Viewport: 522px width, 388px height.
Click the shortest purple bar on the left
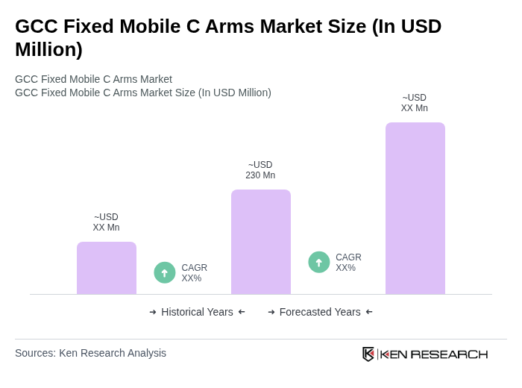click(107, 268)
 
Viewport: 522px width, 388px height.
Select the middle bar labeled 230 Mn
click(261, 242)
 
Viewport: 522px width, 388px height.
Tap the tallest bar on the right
click(415, 208)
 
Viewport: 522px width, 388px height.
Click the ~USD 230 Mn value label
click(260, 170)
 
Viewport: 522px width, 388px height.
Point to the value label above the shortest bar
click(106, 222)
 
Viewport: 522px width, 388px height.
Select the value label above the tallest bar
click(415, 103)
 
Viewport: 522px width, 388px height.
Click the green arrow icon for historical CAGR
click(165, 272)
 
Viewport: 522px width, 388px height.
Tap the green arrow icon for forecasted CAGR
click(319, 262)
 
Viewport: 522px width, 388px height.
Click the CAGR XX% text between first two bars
click(194, 273)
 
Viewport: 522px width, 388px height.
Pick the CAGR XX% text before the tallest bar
click(348, 263)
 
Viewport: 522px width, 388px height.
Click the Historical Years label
click(197, 312)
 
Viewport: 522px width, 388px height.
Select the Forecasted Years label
click(320, 312)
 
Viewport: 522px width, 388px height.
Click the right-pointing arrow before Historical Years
click(153, 312)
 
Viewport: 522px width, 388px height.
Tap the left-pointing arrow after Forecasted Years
click(369, 312)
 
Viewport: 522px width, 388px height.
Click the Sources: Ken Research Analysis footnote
click(90, 353)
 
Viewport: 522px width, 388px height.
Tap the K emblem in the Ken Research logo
click(368, 354)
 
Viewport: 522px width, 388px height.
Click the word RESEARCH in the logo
click(449, 354)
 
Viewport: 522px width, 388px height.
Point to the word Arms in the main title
click(232, 26)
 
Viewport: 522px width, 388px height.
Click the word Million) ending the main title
click(48, 49)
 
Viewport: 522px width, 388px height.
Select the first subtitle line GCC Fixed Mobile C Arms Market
click(93, 79)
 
